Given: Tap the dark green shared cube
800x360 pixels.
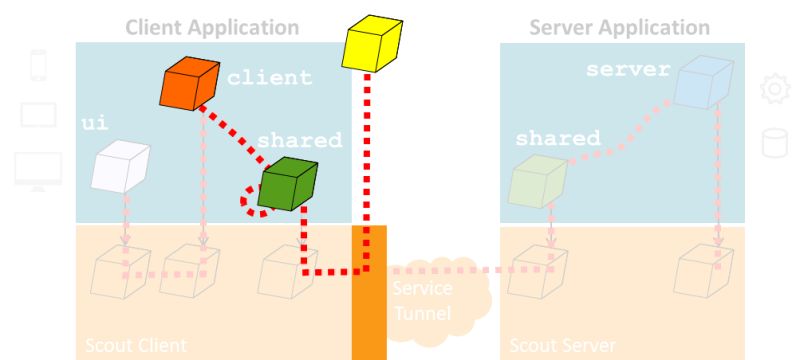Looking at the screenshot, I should click(288, 183).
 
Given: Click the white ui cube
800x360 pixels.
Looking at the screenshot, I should click(120, 166).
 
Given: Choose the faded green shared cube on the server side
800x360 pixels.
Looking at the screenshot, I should click(537, 178).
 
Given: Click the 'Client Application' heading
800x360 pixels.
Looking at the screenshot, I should click(212, 27).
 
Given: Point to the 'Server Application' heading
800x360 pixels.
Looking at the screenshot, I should click(620, 27).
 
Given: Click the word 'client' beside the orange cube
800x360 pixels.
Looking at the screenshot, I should click(269, 77).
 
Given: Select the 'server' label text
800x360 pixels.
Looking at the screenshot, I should click(626, 70).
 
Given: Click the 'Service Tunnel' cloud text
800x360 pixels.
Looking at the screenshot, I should click(422, 298).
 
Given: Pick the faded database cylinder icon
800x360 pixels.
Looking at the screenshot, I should click(774, 143).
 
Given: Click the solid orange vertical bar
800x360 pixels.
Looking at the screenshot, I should click(368, 292).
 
